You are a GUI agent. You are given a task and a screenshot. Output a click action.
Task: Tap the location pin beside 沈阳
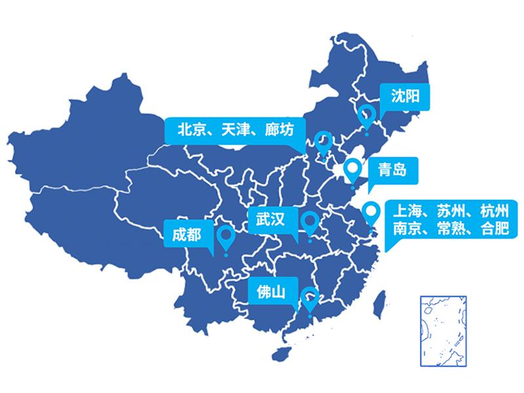pos(367,116)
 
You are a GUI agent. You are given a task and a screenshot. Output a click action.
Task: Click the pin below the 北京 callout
pos(323,141)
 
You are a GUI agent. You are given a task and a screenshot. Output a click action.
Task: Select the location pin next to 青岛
pos(354,169)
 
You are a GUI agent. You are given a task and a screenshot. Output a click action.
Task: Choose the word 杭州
pos(494,212)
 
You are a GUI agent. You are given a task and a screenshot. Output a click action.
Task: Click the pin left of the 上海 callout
pos(371,212)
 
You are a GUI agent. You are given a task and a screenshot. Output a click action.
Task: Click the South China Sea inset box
pos(444,329)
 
